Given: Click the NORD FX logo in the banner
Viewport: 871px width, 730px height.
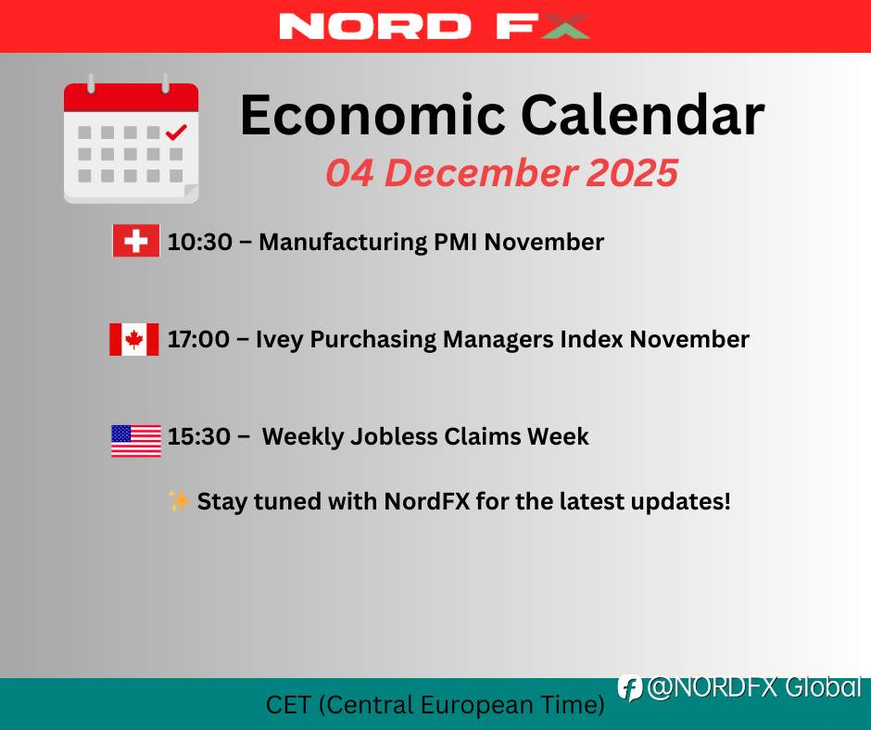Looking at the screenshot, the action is [435, 26].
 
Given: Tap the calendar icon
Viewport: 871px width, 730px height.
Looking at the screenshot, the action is [131, 138].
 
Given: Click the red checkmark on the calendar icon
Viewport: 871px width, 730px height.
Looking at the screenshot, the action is [176, 132].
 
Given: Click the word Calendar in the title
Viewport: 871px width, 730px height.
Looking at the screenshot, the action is [643, 115].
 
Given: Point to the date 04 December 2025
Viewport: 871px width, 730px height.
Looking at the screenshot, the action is [501, 173].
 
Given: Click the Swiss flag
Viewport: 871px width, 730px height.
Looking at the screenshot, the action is [136, 241].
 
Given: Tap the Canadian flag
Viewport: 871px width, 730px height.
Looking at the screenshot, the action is [133, 339].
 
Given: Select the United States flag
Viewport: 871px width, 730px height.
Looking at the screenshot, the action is [136, 441].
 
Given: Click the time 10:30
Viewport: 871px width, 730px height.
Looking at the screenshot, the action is [200, 242].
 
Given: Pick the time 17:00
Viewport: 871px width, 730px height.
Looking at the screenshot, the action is [198, 339].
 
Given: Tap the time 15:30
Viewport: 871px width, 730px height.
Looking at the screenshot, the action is [199, 436].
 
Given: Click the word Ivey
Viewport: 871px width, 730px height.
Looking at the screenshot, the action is [280, 340].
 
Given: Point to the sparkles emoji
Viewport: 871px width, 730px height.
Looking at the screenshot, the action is [179, 500].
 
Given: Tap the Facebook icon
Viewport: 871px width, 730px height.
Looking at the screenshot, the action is [630, 688].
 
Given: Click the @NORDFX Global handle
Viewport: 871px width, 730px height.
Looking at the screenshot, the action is [754, 687].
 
